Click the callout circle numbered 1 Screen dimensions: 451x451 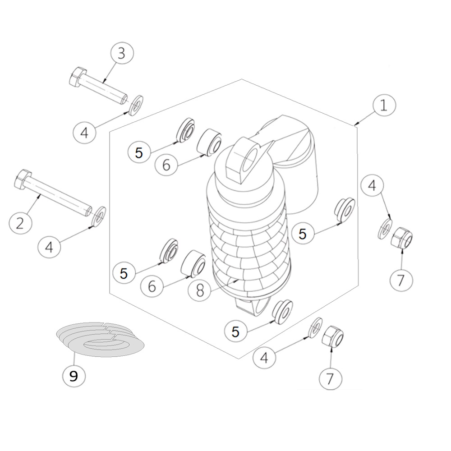[x=384, y=105]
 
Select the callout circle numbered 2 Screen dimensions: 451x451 [x=20, y=223]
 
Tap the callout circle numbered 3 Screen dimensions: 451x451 [x=122, y=54]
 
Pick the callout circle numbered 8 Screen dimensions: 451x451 [x=200, y=290]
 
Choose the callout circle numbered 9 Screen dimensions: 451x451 [x=74, y=375]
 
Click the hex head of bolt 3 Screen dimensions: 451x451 [x=78, y=77]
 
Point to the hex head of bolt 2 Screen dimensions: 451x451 [x=23, y=179]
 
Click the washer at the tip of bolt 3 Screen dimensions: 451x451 [x=136, y=105]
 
